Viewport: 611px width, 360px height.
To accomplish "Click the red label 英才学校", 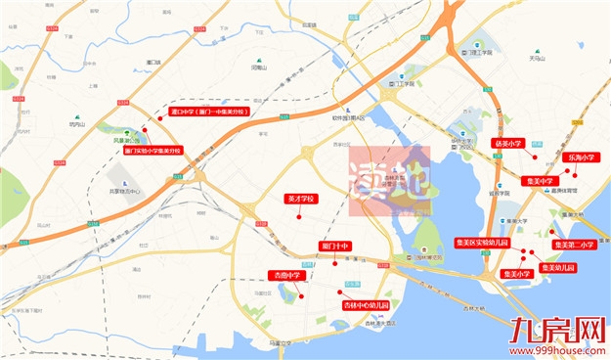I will click(x=300, y=199).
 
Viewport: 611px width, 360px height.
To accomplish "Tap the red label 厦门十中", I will click(x=334, y=244).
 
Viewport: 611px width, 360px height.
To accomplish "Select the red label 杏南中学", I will click(x=286, y=276).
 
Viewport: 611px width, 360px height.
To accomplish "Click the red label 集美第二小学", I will click(x=574, y=245).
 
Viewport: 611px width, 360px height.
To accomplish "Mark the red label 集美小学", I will click(x=516, y=274).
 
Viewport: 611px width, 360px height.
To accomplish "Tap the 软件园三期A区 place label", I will click(x=346, y=119).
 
